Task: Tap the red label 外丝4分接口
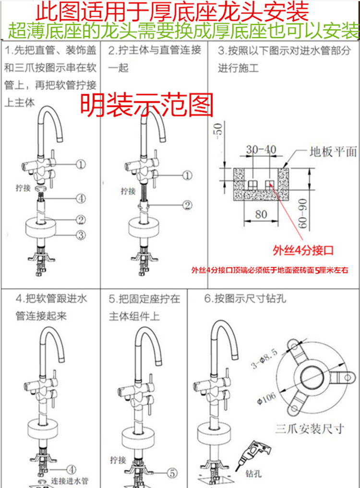click(x=303, y=250)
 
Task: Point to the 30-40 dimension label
click(x=261, y=149)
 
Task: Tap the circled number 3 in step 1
click(x=81, y=235)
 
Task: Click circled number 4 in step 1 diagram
click(x=81, y=198)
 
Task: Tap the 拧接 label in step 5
click(x=118, y=458)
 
